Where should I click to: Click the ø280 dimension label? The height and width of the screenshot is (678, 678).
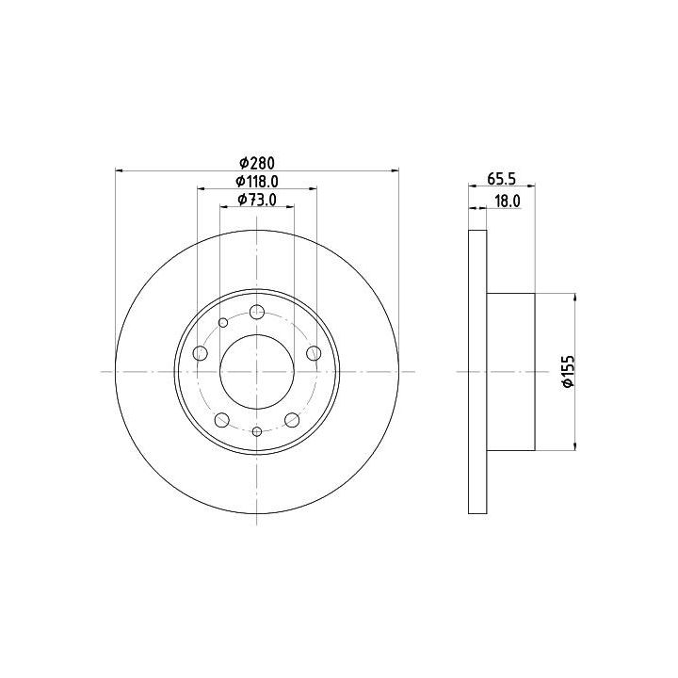coord(257,163)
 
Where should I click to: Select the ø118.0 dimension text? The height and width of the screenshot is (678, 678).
coord(257,182)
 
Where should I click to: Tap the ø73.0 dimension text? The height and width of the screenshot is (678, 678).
coord(257,200)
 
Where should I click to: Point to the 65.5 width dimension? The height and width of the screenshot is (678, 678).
coord(502,179)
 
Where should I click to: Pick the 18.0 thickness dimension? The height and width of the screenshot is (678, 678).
coord(508,202)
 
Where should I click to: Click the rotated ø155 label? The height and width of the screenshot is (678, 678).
coord(568,371)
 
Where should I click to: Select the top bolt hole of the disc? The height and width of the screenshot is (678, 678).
coord(257,312)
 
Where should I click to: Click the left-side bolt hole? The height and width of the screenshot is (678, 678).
coord(200,353)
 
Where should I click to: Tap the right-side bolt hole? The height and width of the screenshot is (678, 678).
coord(314,353)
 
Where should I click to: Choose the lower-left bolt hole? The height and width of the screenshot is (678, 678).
coord(222,419)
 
